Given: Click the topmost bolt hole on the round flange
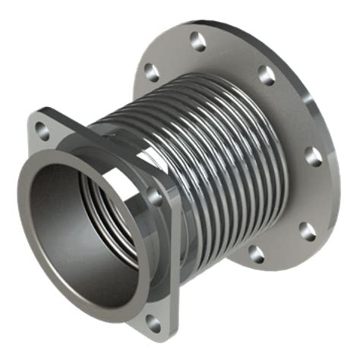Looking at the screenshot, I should coord(198,43).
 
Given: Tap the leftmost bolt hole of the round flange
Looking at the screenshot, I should coord(152,73).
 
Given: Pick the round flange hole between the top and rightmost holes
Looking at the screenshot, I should coord(266,74).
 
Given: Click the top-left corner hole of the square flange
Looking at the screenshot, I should coord(43,131).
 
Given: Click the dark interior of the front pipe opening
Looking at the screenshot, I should coord(72,228).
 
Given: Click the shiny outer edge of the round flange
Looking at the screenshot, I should coord(334,182).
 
